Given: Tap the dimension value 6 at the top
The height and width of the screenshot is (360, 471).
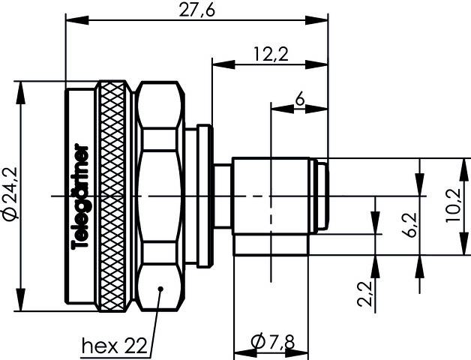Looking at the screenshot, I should click(300, 98).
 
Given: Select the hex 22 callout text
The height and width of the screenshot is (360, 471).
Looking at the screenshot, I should click(113, 346).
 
